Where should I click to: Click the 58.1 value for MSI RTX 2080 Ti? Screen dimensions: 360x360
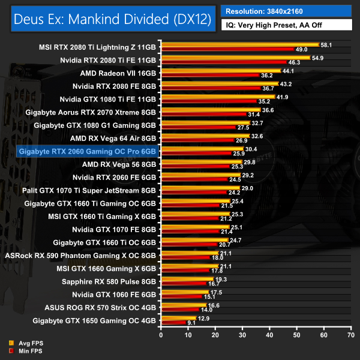click(x=328, y=45)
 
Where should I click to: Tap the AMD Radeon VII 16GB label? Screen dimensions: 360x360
click(x=118, y=73)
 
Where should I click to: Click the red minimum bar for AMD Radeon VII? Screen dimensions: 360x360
click(x=209, y=76)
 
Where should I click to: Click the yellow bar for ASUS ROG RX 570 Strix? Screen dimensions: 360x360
click(x=183, y=305)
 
